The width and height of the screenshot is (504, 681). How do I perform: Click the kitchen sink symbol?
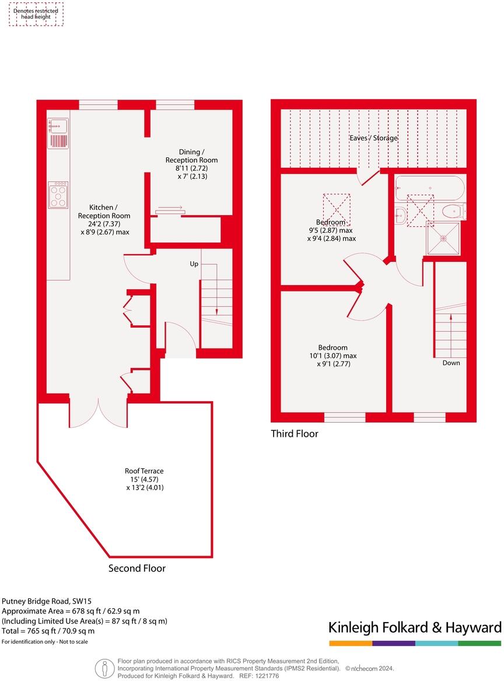pos(58,125)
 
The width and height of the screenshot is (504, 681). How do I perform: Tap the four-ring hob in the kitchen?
pos(58,195)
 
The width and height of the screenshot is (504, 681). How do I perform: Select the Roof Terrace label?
pos(144,471)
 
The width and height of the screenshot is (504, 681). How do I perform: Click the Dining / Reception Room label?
pos(191,156)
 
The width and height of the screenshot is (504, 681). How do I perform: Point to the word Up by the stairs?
pos(194,264)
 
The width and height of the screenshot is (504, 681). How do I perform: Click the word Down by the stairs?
pos(451,363)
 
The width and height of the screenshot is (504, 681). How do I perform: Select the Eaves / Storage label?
pos(373,138)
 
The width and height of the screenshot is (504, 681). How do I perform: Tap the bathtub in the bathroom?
pos(430,188)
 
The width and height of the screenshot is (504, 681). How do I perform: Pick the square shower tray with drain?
pos(443,238)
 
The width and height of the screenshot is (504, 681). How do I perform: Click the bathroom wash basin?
pos(400,215)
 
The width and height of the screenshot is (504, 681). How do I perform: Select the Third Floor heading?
pos(295,434)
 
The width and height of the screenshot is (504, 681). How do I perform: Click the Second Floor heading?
pos(137,568)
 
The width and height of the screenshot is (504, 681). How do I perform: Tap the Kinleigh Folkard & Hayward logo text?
pos(415,627)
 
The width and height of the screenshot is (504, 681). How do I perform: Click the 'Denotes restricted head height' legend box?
pos(36,14)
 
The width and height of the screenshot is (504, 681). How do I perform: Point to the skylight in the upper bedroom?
pos(337,210)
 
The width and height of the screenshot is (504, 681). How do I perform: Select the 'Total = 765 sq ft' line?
pos(48,631)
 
